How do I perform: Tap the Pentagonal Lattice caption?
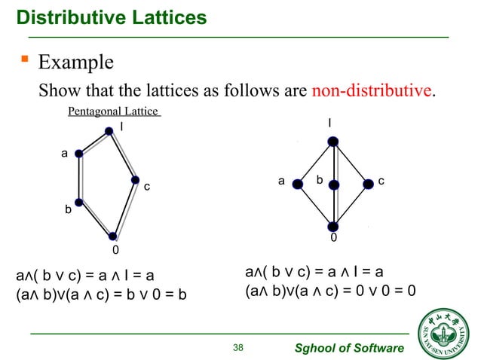[x=113, y=111]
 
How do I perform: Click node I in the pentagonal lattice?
[x=110, y=130]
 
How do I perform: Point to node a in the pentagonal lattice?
[x=79, y=153]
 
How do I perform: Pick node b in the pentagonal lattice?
[x=78, y=201]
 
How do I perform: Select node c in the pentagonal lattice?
[x=135, y=180]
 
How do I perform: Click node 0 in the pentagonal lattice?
[x=113, y=236]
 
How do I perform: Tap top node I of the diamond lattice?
[x=332, y=141]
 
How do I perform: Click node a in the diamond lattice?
[x=299, y=184]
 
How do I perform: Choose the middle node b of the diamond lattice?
[x=335, y=185]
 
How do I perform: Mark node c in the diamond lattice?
[x=369, y=184]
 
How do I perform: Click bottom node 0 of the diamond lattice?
[x=333, y=226]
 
